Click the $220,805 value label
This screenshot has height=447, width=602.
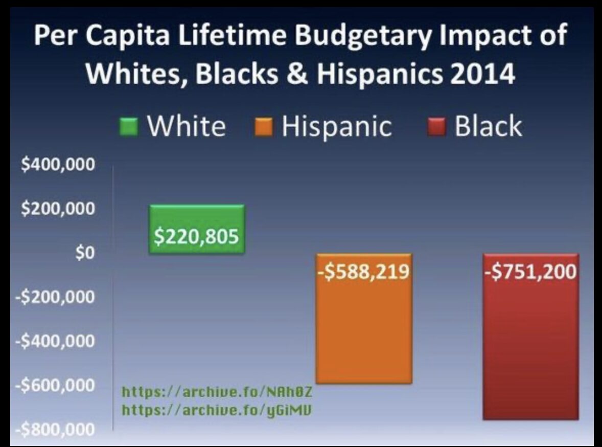197,237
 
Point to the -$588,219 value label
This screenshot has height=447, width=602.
364,272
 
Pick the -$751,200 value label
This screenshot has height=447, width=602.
530,272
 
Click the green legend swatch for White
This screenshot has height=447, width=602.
129,126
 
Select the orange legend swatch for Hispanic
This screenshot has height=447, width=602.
264,126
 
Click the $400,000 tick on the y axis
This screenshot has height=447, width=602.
58,165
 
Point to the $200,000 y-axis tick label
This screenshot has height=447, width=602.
58,209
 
